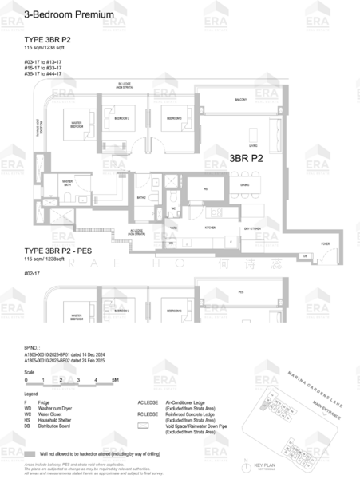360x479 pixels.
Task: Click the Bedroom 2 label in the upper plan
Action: click(x=121, y=118)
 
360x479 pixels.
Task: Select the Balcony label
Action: click(x=240, y=100)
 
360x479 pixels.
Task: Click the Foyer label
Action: click(x=325, y=243)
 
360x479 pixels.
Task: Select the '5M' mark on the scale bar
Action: click(x=115, y=380)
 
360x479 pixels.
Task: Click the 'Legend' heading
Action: click(x=31, y=394)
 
